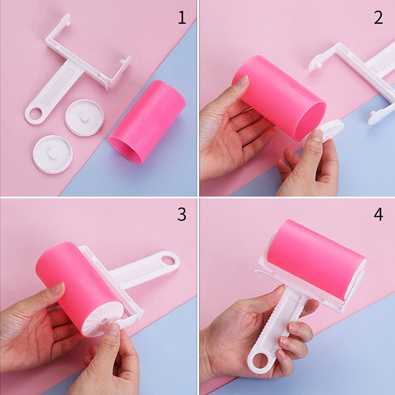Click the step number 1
(x=182, y=18)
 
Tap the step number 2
(x=378, y=18)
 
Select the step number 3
(x=182, y=215)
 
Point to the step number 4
(x=378, y=215)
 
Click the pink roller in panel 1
(x=147, y=121)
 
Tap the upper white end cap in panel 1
(x=84, y=118)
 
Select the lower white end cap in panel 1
(x=53, y=154)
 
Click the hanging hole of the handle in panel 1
(x=35, y=114)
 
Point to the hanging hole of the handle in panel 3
(x=167, y=261)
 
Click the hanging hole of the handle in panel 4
(x=260, y=361)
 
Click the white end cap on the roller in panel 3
(x=103, y=318)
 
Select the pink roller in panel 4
(x=316, y=260)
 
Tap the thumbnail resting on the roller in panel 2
(x=243, y=80)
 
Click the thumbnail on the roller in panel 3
(x=58, y=288)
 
